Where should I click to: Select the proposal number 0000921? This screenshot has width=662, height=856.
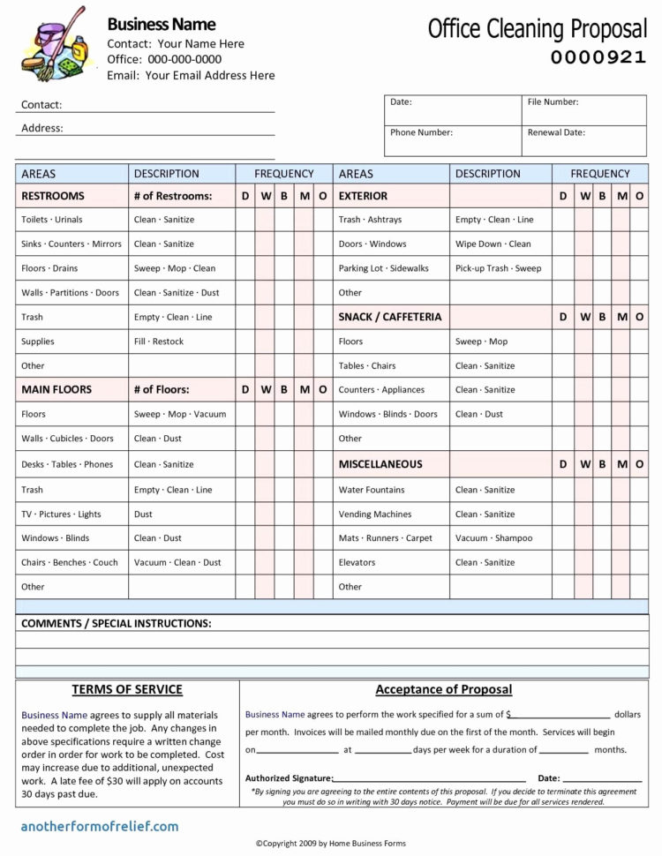598,58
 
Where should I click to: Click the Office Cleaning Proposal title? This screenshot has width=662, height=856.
537,29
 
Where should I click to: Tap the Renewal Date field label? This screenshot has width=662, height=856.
556,132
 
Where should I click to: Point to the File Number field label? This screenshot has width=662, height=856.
553,102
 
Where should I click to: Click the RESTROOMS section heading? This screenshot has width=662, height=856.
53,196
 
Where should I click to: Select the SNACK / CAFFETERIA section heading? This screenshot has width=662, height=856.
389,317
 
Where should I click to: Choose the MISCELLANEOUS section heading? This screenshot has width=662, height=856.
380,464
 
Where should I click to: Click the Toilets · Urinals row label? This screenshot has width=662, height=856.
52,220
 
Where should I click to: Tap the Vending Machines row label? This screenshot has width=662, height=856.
374,514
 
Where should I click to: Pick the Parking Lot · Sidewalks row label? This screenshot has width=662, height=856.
383,268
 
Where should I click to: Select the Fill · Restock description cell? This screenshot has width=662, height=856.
159,342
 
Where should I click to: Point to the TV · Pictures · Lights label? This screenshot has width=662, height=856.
61,514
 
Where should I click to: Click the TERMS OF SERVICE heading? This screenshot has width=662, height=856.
127,690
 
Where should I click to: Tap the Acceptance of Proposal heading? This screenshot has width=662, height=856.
443,690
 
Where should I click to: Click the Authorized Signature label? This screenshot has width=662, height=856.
289,778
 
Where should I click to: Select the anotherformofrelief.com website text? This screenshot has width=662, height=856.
100,827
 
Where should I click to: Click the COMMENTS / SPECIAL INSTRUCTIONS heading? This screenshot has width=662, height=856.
116,624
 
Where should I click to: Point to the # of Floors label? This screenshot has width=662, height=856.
162,389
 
